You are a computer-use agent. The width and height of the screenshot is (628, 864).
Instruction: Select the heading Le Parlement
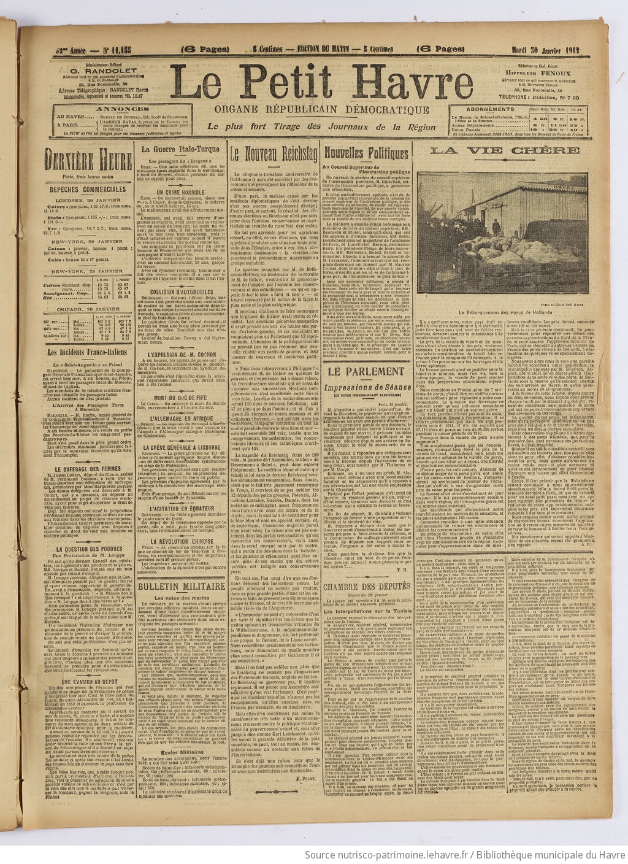(366, 371)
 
